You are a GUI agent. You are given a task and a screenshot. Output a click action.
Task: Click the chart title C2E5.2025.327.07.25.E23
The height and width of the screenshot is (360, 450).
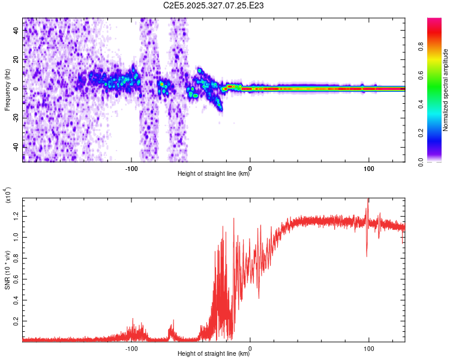click(214, 5)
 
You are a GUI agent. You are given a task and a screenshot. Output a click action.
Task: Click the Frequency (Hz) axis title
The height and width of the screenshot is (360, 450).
click(7, 89)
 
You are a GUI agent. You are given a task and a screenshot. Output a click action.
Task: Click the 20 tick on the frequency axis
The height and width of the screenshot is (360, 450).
click(16, 59)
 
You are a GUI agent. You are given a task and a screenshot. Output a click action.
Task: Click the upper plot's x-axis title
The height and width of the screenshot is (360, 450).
click(214, 174)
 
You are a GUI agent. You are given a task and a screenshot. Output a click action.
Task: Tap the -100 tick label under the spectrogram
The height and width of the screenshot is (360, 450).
click(132, 167)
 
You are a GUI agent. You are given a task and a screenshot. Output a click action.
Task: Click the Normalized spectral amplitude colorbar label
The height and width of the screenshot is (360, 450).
click(446, 90)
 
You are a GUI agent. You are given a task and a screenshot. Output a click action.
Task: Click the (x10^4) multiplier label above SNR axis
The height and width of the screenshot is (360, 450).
click(8, 195)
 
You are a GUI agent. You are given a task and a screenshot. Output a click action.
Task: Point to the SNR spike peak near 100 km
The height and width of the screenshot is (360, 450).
click(368, 199)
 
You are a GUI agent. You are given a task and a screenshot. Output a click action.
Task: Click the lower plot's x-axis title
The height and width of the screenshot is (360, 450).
click(214, 354)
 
